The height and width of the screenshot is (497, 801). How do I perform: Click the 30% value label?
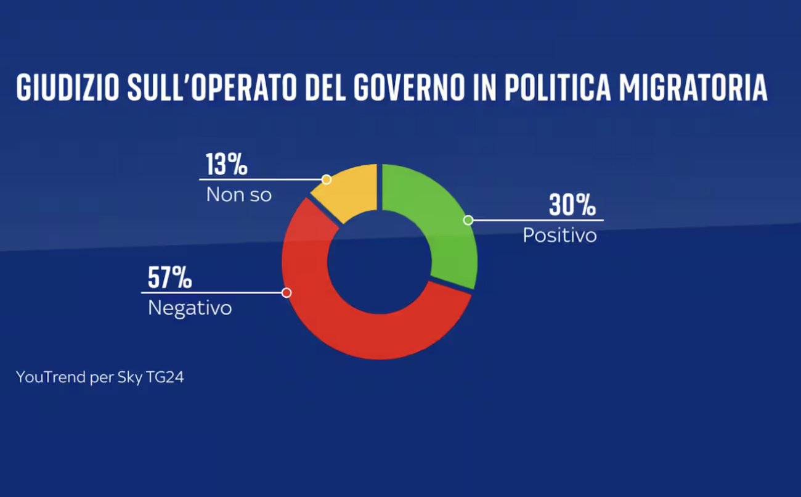coord(572,205)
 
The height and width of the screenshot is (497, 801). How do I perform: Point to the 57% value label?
coord(169,278)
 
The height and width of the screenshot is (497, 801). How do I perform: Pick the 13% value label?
coord(226,165)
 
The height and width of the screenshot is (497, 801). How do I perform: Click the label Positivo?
coord(559,236)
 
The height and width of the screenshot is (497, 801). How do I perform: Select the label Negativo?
coord(190,308)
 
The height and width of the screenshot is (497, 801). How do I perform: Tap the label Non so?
coord(238,195)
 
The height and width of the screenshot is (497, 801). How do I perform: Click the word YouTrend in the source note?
coord(51,377)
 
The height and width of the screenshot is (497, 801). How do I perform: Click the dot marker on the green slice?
coord(468,220)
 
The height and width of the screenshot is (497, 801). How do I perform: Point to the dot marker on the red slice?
coord(287,292)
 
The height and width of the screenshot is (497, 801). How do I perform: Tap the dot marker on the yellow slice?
coord(327,179)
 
